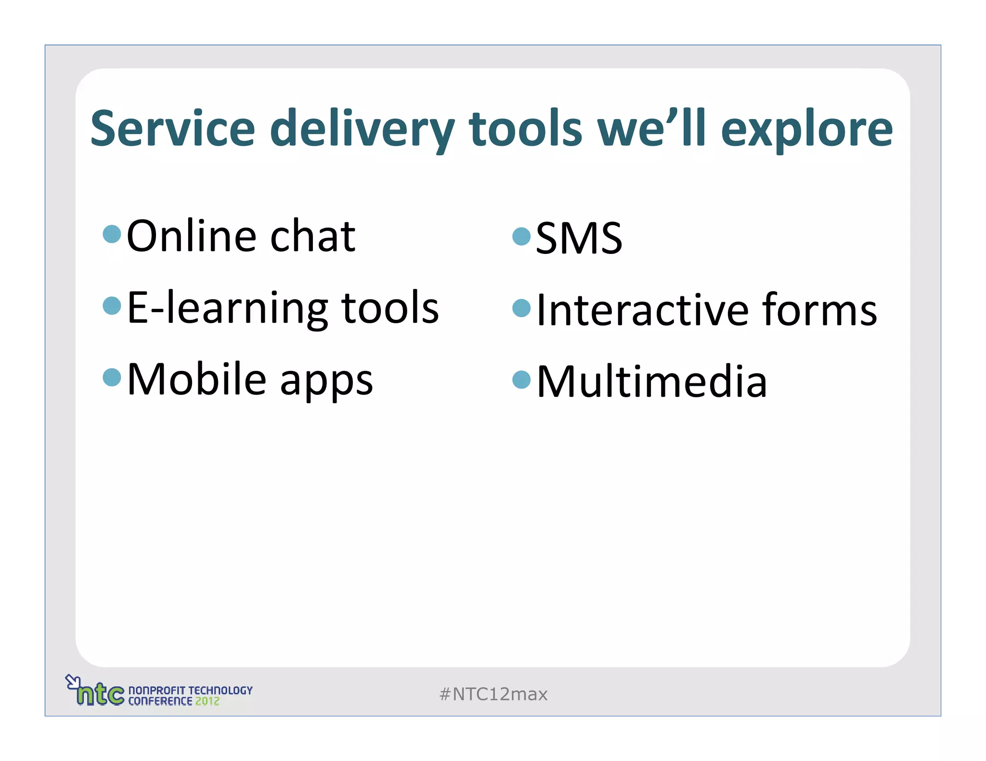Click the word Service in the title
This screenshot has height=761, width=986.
[x=172, y=128]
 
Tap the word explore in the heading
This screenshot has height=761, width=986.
[x=806, y=128]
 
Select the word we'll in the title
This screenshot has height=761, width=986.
[x=651, y=128]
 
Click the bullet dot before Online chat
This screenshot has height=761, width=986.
[x=112, y=234]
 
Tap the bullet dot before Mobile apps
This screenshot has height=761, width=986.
[x=112, y=377]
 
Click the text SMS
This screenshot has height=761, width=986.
[x=579, y=238]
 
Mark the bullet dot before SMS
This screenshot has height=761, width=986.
[x=521, y=236]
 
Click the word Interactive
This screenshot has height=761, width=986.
[x=642, y=310]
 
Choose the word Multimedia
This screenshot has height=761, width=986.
[x=651, y=381]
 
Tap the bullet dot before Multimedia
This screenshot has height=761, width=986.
[x=521, y=380]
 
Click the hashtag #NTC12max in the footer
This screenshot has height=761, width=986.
[x=493, y=694]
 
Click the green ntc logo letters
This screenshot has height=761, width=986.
[x=101, y=694]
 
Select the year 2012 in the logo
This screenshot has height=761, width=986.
[x=207, y=701]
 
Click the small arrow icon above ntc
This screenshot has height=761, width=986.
[x=72, y=681]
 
